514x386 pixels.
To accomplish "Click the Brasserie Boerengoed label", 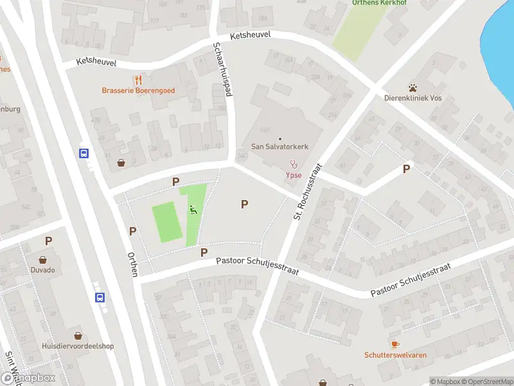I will (x=138, y=91).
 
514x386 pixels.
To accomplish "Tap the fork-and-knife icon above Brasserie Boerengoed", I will (x=138, y=80).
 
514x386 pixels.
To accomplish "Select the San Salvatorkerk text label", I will (x=279, y=147).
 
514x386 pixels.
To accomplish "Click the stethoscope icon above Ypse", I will (x=294, y=164).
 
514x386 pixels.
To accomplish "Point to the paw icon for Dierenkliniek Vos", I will (x=412, y=87).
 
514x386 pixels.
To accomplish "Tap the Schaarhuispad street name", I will (x=222, y=69).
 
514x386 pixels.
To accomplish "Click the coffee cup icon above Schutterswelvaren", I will (x=394, y=344).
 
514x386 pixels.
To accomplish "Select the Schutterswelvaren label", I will (x=395, y=355).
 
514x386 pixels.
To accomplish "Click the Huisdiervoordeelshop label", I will (x=78, y=346).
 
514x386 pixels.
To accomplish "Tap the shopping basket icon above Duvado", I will (x=43, y=260).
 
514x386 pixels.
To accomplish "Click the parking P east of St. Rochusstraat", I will (x=406, y=169).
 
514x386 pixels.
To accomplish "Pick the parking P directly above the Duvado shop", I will (x=48, y=241).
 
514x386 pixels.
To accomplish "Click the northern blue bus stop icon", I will (x=84, y=153).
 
